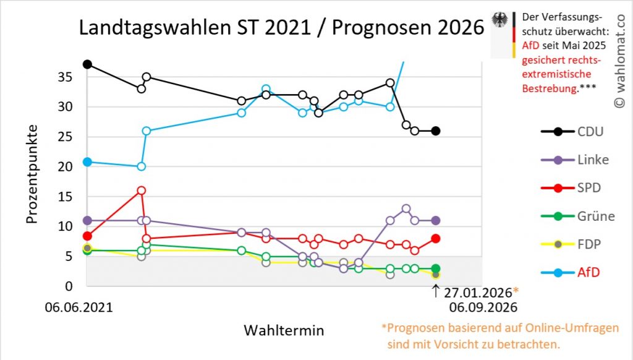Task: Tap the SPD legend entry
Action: coord(589,187)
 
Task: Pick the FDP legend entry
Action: coord(588,243)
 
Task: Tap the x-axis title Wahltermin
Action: coord(284,329)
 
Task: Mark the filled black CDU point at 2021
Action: coord(87,64)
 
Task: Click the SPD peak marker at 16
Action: coord(142,191)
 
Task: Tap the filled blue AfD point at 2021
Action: coord(87,162)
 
